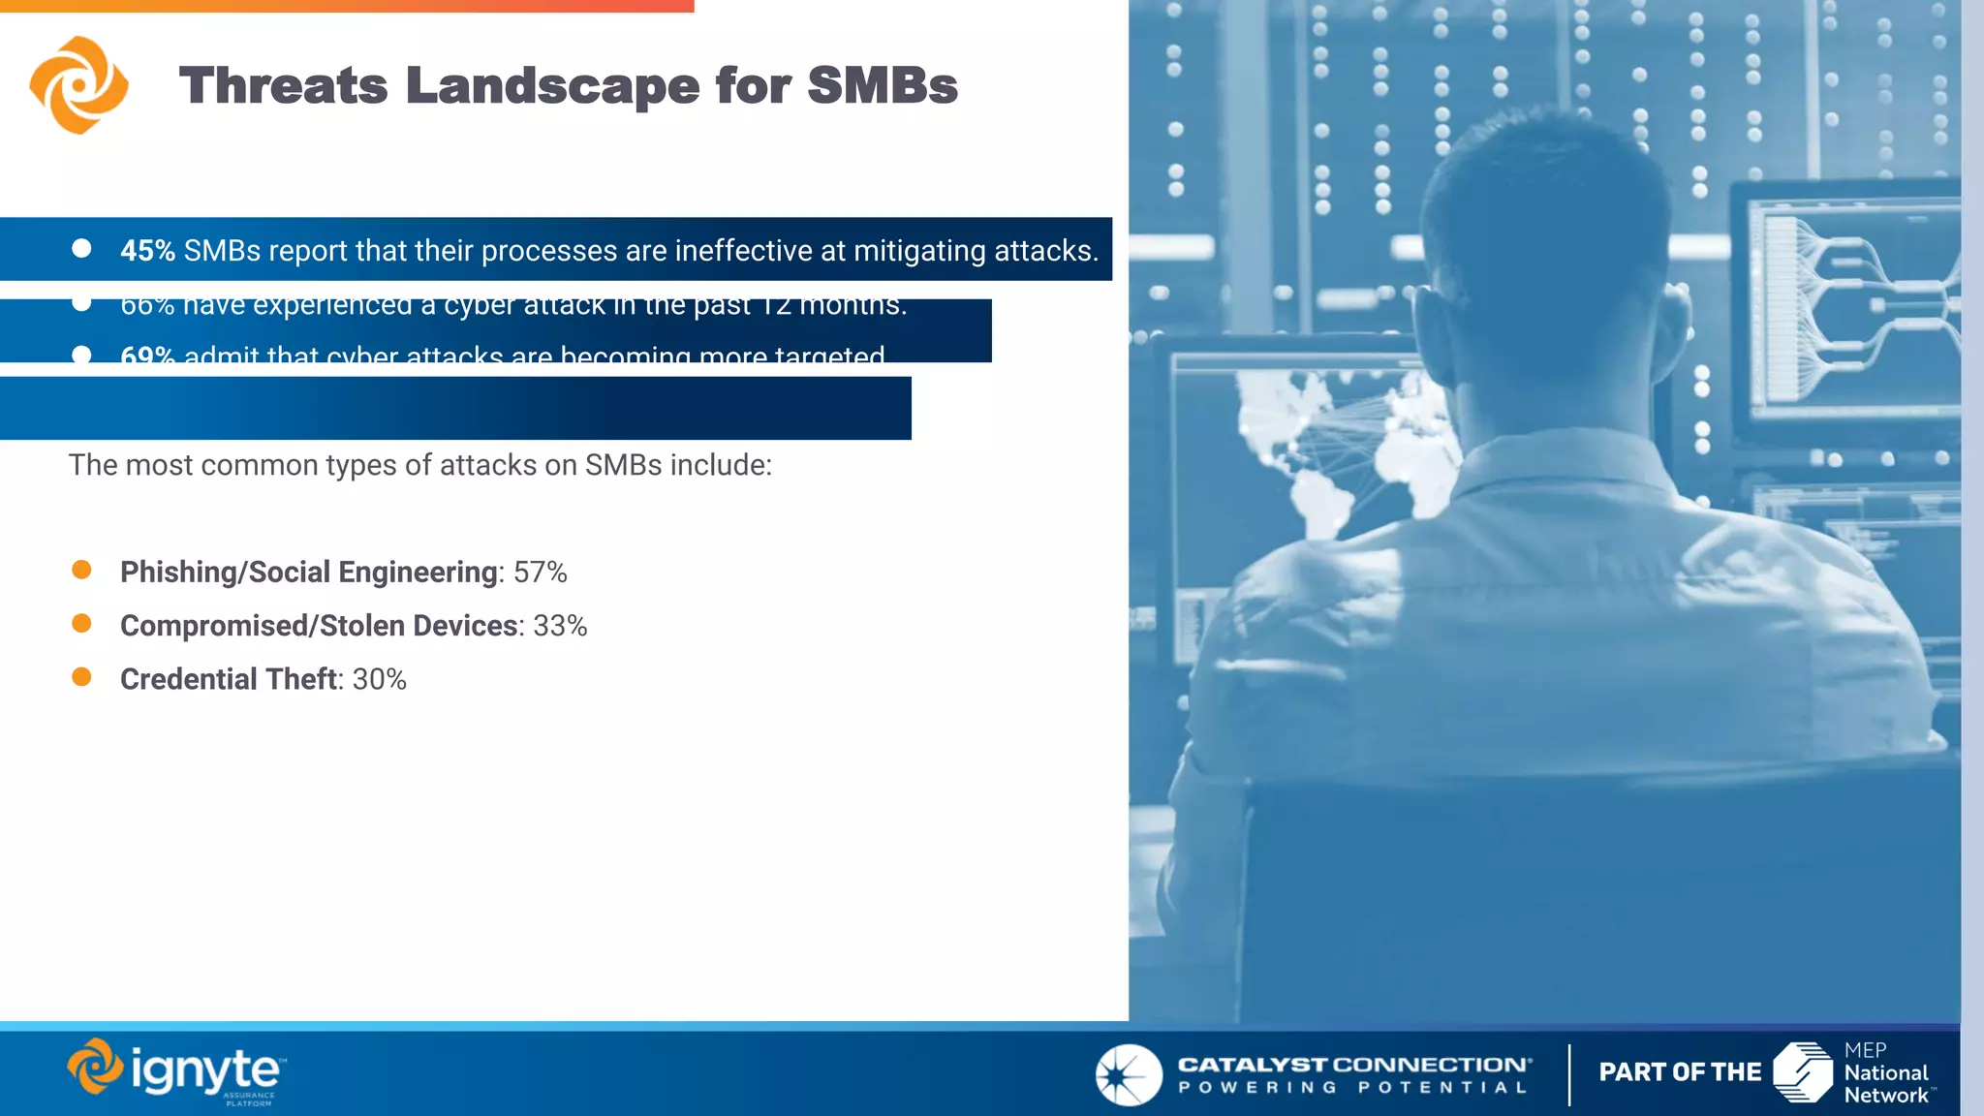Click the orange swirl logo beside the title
(x=78, y=85)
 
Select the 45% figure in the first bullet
(x=147, y=251)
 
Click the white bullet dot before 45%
(x=81, y=249)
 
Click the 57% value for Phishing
(x=541, y=573)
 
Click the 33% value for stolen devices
(x=560, y=626)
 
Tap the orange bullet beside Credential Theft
(x=81, y=677)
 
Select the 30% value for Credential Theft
(x=379, y=679)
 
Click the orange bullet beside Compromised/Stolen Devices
(x=81, y=624)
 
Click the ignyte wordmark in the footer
(x=204, y=1071)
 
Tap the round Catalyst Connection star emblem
(x=1129, y=1074)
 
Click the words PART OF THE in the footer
(x=1680, y=1072)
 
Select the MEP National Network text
(x=1885, y=1073)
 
